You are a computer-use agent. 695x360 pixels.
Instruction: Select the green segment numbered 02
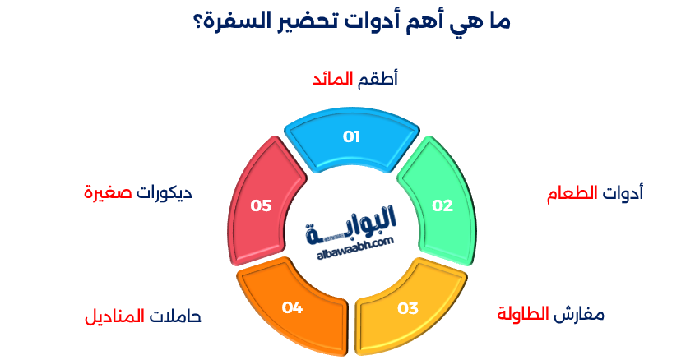click(442, 205)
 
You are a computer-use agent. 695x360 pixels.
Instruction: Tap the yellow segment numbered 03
click(408, 308)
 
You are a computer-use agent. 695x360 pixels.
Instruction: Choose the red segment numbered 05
click(261, 205)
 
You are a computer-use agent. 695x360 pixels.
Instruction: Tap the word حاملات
click(174, 316)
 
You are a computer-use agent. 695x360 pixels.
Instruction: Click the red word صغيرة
click(109, 193)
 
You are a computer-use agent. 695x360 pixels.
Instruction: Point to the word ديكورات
click(164, 193)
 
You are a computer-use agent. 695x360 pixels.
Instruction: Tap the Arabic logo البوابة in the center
click(351, 222)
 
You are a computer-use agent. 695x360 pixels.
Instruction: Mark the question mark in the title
click(197, 20)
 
